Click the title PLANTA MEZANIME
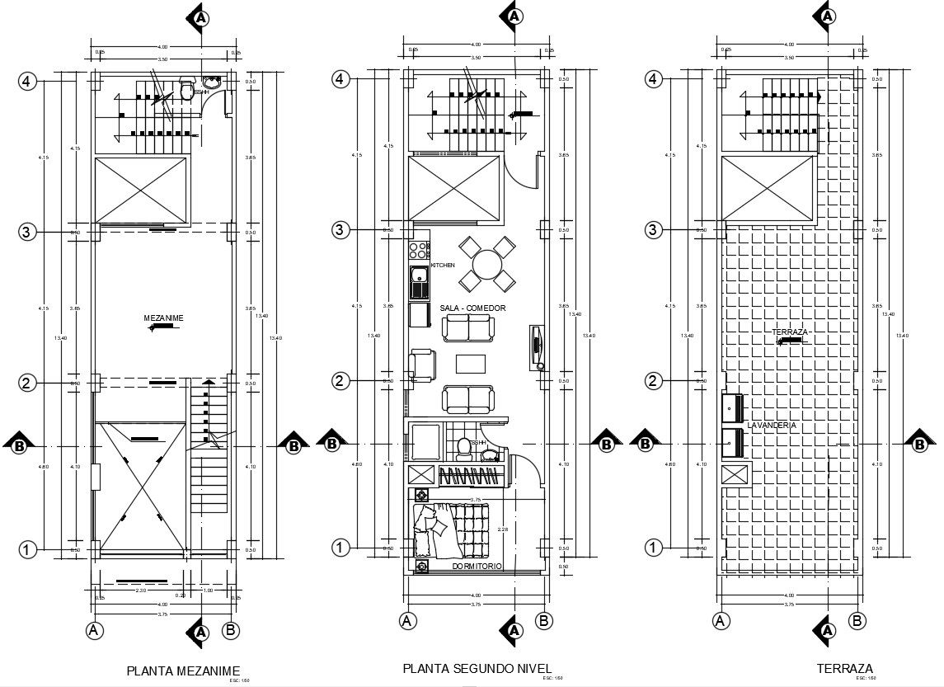point(183,670)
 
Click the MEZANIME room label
point(163,318)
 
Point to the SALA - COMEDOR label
point(472,308)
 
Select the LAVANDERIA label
point(772,425)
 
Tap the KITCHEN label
point(443,266)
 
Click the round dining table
point(487,265)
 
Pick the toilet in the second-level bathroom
point(463,447)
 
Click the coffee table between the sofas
point(471,364)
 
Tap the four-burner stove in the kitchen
point(419,247)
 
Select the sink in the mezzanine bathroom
point(213,82)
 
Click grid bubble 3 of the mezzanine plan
point(27,232)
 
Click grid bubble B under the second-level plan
point(543,621)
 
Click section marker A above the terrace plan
point(827,16)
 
